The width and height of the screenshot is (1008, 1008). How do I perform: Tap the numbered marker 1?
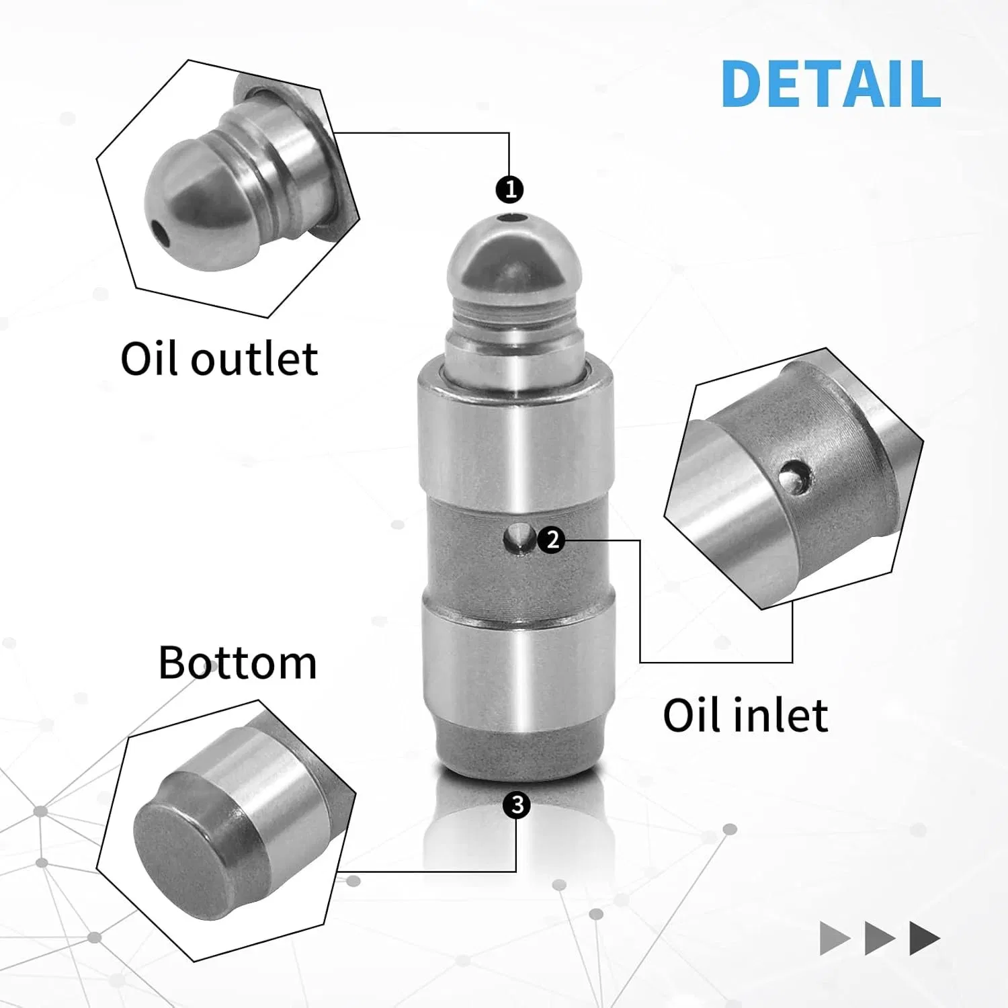point(510,190)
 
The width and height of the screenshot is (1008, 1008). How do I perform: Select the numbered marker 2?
point(552,539)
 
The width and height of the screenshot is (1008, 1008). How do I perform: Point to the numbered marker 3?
point(517,804)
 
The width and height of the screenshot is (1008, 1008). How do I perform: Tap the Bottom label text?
point(237,663)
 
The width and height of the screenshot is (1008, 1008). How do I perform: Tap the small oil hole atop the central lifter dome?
point(514,218)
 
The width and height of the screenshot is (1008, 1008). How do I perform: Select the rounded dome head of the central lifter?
point(514,259)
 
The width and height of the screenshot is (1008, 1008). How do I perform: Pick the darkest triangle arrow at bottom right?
point(924,938)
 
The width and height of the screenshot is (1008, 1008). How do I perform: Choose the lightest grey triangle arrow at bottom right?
point(834,938)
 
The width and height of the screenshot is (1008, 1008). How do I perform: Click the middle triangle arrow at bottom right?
point(879,938)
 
